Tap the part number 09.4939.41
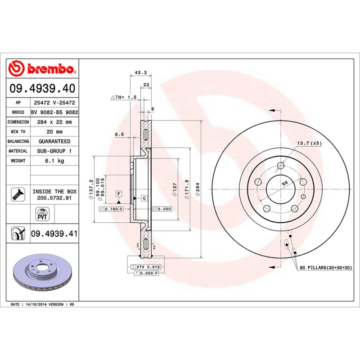54,234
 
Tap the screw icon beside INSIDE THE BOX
17,194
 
